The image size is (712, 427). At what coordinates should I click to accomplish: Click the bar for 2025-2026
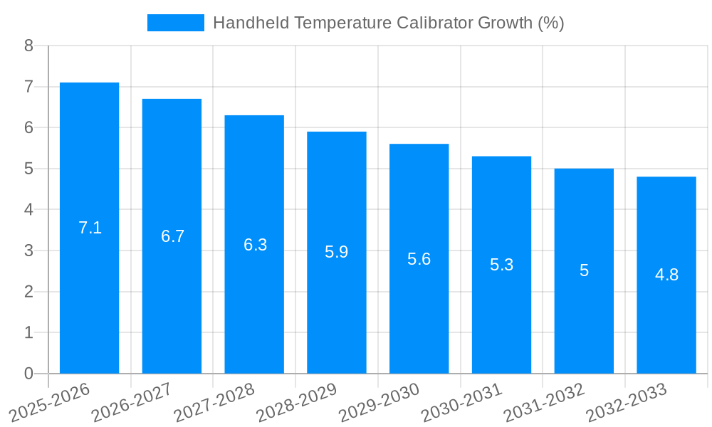click(89, 228)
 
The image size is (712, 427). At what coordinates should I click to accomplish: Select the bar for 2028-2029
click(337, 253)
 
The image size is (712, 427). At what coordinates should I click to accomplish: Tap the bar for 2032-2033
click(666, 275)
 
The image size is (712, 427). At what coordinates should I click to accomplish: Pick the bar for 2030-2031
click(501, 265)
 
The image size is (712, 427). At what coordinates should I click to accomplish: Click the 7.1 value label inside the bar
click(90, 228)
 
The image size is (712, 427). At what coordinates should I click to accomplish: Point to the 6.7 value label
click(172, 236)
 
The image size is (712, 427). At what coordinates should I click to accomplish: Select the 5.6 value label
click(419, 259)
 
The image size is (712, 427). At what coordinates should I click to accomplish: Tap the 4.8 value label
click(666, 275)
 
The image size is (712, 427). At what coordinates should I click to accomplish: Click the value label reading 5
click(584, 270)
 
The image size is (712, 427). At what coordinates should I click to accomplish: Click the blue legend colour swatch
click(175, 23)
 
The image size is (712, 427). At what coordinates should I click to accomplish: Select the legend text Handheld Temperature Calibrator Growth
click(388, 23)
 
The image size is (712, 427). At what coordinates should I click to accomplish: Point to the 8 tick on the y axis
click(28, 46)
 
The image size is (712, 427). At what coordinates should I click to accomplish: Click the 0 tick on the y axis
click(28, 374)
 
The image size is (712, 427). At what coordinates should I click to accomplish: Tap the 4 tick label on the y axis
click(28, 210)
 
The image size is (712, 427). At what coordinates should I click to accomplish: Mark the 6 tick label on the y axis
click(28, 127)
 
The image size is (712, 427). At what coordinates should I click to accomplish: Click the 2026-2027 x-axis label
click(132, 402)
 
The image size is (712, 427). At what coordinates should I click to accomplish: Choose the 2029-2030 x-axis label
click(379, 402)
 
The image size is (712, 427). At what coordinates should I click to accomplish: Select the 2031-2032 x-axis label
click(544, 402)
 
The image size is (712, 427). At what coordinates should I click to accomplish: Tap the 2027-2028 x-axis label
click(214, 402)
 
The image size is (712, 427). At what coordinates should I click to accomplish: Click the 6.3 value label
click(255, 245)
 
